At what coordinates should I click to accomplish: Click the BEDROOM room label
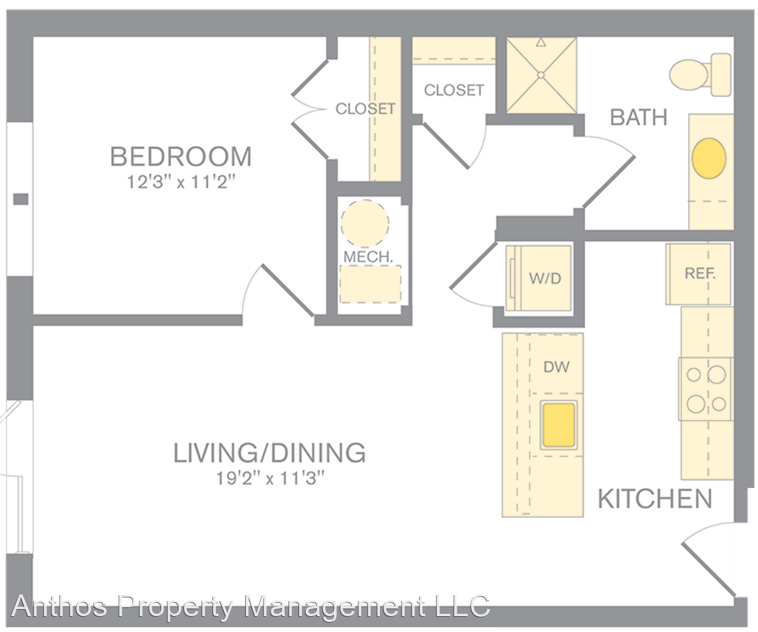tap(181, 156)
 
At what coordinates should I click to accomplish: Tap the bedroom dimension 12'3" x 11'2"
tap(181, 181)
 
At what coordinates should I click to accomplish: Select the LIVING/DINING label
tap(270, 453)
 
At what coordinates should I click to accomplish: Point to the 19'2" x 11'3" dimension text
tap(270, 478)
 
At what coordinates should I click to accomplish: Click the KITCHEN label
tap(655, 499)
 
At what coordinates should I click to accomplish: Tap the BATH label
tap(639, 118)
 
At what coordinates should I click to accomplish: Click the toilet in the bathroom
tap(700, 75)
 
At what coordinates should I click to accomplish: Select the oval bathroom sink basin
tap(709, 158)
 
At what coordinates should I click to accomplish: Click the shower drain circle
tap(541, 75)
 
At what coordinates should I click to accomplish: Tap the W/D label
tap(545, 279)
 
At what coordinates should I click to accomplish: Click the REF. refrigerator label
tap(700, 273)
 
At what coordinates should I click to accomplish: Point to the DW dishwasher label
tap(556, 367)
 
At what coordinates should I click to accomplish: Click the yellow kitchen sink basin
tap(559, 425)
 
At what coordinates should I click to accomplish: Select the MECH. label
tap(368, 257)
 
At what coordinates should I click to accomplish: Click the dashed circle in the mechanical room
tap(365, 224)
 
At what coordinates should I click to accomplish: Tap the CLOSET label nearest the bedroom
tap(365, 108)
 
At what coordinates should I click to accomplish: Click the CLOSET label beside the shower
tap(454, 90)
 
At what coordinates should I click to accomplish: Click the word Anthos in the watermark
tap(60, 606)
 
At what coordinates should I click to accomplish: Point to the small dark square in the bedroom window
tap(20, 199)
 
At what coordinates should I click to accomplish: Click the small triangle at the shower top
tap(541, 43)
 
